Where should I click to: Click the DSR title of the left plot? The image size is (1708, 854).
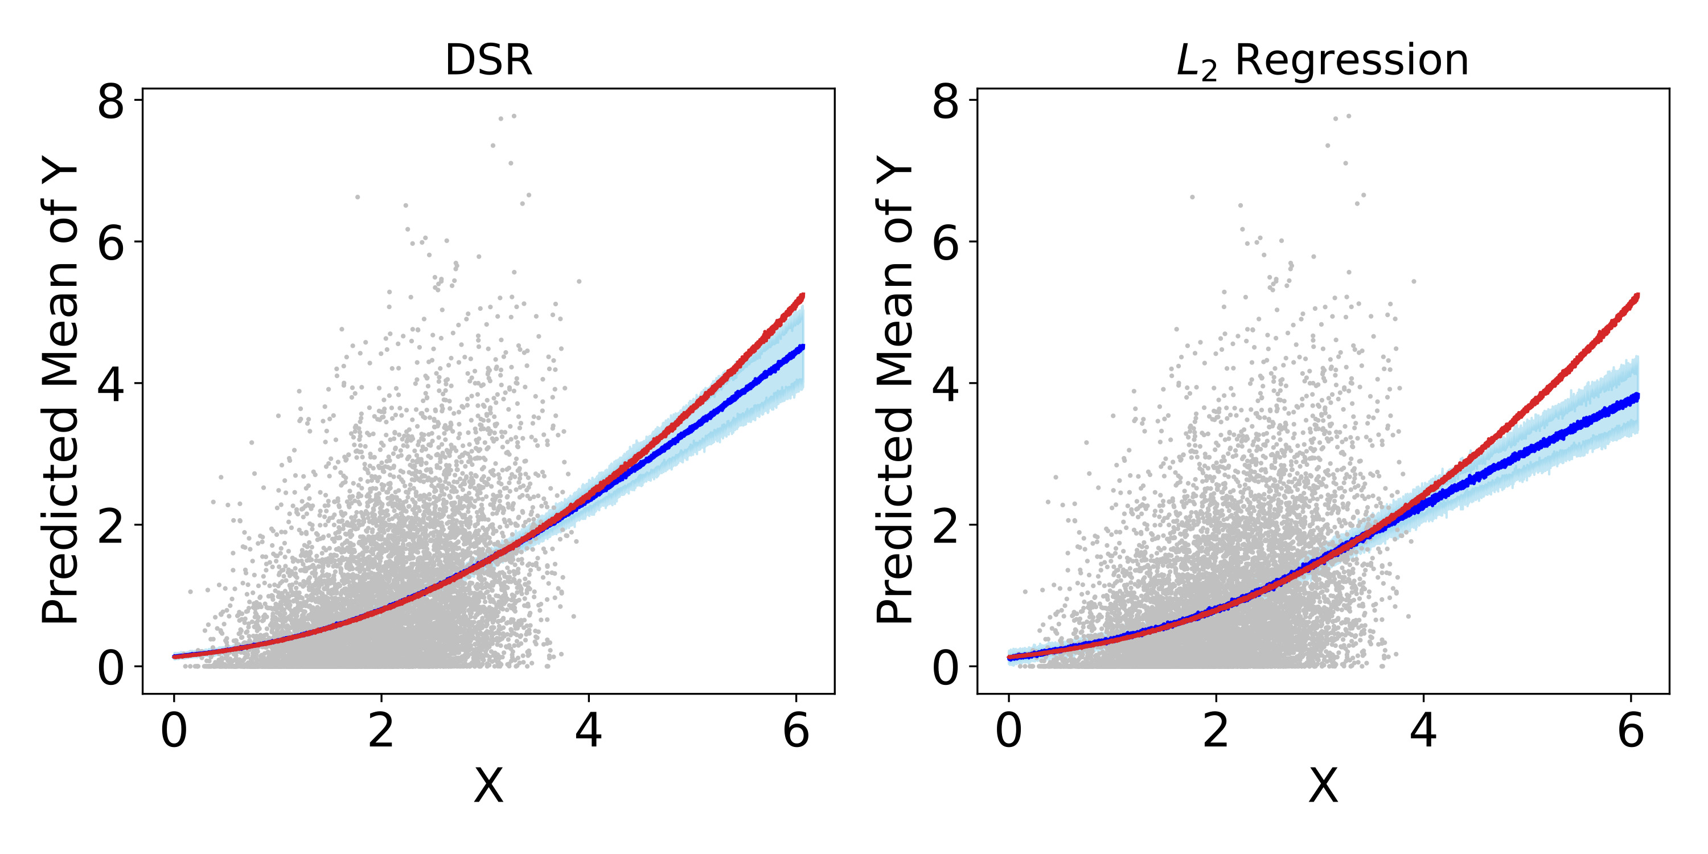[x=488, y=60]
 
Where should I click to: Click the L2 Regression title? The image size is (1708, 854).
[x=1322, y=60]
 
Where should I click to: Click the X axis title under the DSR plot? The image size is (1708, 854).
[x=488, y=786]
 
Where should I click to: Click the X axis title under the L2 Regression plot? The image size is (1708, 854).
[x=1323, y=786]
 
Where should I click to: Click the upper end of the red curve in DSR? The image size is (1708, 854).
[x=802, y=295]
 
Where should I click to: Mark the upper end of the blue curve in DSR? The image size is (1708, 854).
[x=802, y=347]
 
